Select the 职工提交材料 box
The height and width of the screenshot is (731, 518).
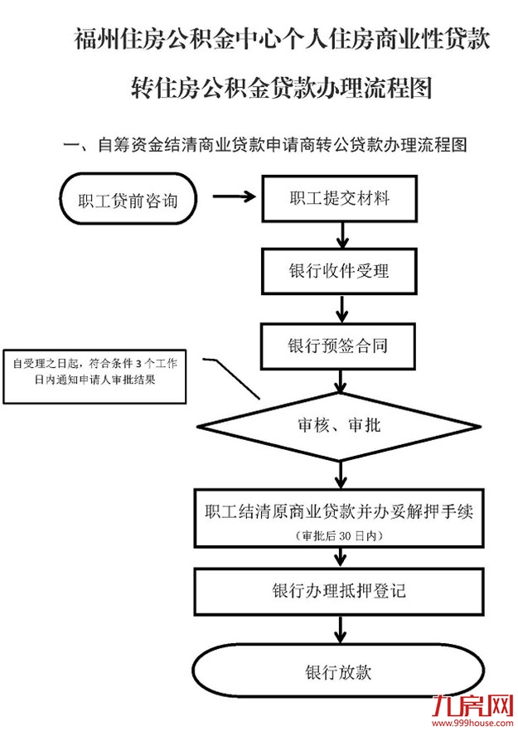point(340,199)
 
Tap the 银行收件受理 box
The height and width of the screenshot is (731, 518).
point(339,271)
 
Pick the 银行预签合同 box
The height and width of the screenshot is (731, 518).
point(339,345)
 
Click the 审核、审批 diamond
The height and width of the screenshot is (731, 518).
point(338,426)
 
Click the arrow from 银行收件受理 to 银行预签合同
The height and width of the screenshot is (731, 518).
point(340,307)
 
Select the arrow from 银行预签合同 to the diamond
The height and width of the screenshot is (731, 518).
point(339,381)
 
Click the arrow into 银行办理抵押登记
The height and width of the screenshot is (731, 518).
point(339,557)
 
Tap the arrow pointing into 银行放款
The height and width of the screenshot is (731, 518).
point(339,630)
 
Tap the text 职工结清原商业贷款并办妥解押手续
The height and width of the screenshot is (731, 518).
point(338,511)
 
